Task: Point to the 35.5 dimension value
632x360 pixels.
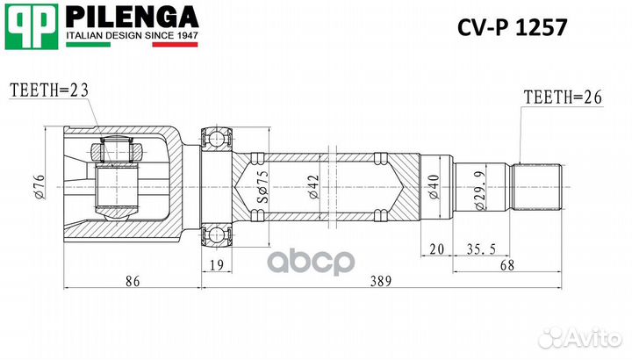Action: pos(476,248)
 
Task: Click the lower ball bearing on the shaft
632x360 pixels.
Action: pos(216,235)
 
